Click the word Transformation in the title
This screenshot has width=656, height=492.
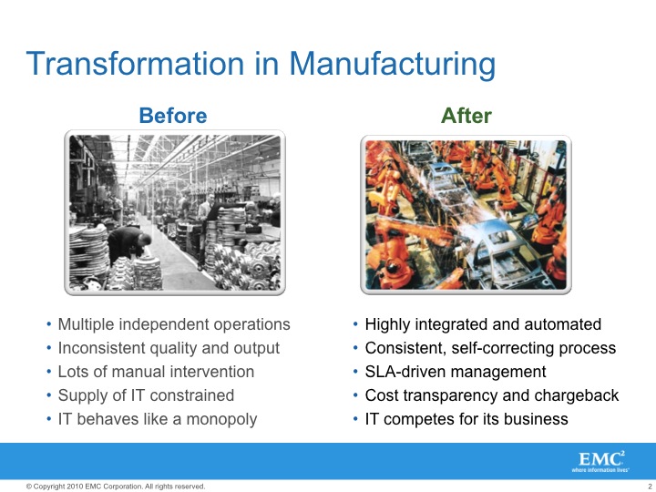(x=135, y=63)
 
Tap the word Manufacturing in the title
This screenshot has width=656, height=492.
(x=393, y=65)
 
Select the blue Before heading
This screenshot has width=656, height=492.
(x=173, y=116)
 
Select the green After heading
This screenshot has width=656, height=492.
(x=466, y=116)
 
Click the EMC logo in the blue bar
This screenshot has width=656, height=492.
(x=600, y=461)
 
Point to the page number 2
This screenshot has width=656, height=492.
(x=650, y=487)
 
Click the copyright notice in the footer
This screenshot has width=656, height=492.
(x=116, y=487)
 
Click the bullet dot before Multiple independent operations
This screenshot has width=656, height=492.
(x=49, y=324)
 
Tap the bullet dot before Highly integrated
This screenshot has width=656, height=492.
(x=355, y=324)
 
